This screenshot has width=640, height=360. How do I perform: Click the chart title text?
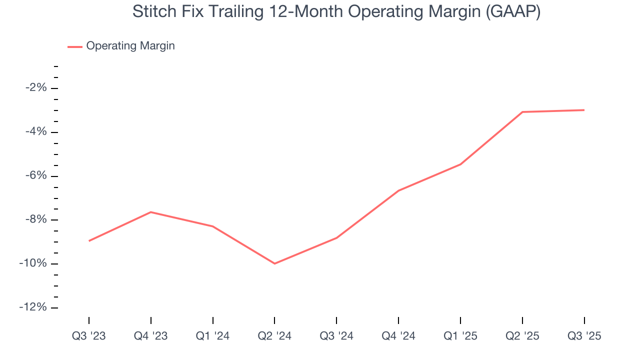tap(336, 12)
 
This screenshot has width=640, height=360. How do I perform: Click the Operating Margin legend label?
tap(130, 46)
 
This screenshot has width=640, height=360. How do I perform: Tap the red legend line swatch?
tap(75, 46)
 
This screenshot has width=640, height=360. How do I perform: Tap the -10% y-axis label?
tap(34, 264)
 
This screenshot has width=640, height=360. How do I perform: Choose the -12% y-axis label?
tap(34, 307)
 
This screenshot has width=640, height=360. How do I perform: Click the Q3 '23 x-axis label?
tap(89, 336)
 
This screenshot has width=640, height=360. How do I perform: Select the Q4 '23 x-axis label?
tap(151, 336)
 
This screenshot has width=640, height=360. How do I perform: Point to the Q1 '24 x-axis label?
tap(213, 336)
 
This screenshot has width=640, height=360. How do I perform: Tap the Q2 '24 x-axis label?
tap(274, 336)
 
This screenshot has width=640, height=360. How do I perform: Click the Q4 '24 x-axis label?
tap(398, 336)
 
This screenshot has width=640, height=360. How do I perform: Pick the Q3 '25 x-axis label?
tap(584, 336)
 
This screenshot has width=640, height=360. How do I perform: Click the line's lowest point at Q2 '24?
tap(274, 263)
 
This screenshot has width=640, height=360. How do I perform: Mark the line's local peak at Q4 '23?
tap(151, 212)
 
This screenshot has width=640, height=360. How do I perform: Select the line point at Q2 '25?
tap(522, 112)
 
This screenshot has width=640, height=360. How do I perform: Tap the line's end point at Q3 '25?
tap(584, 110)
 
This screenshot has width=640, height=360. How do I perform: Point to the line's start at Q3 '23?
tap(89, 241)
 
